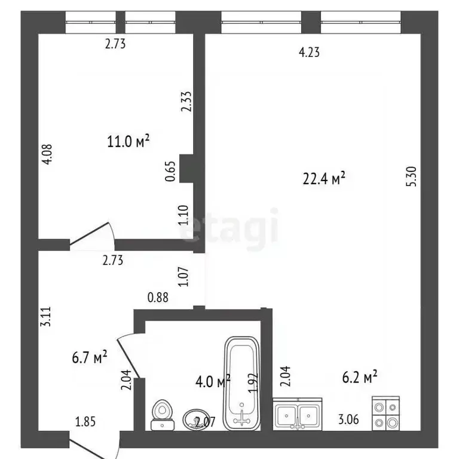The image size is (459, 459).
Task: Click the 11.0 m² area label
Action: point(128,141)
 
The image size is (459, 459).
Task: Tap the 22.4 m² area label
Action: point(324,178)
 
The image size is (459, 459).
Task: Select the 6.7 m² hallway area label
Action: point(90,357)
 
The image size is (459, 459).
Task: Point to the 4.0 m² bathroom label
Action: point(213,381)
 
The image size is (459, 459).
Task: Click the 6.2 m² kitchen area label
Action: point(360,377)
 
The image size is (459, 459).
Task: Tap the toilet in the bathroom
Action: point(163,415)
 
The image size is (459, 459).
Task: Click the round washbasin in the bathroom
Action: point(196,420)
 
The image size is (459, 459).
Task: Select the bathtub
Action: point(242,384)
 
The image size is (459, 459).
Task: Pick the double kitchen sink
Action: point(298,414)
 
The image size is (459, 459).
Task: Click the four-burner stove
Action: point(386,414)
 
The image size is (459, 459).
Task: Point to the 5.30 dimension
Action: point(411,176)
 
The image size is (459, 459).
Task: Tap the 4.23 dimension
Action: point(309,53)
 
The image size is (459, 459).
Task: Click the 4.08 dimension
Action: point(47,154)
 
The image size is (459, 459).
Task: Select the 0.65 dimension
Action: point(170,172)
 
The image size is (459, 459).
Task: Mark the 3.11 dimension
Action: point(46,316)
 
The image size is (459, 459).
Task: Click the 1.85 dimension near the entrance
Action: point(85,422)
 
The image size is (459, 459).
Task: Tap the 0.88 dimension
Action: point(158,298)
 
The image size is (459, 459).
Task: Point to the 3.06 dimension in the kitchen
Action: point(348,420)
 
